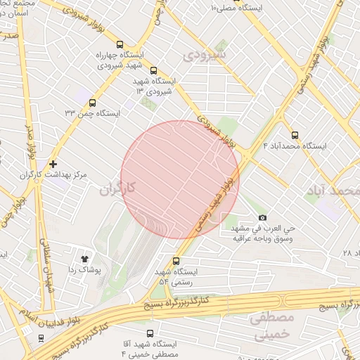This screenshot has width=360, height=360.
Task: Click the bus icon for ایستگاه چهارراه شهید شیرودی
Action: (119, 43)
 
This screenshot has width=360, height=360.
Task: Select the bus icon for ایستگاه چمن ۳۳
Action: (92, 103)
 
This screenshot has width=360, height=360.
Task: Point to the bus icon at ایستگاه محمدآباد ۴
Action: (294, 135)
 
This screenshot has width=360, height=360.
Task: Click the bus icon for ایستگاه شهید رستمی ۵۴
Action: (176, 261)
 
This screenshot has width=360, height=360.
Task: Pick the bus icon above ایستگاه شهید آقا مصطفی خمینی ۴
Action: (149, 333)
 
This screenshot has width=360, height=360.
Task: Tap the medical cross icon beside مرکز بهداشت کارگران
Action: (53, 163)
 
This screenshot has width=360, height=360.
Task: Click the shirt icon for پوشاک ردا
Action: (87, 259)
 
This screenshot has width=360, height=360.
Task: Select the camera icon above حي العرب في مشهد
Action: (263, 218)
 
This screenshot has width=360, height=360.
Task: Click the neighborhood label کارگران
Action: (116, 188)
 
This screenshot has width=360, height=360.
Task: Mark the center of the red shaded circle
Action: (180, 180)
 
